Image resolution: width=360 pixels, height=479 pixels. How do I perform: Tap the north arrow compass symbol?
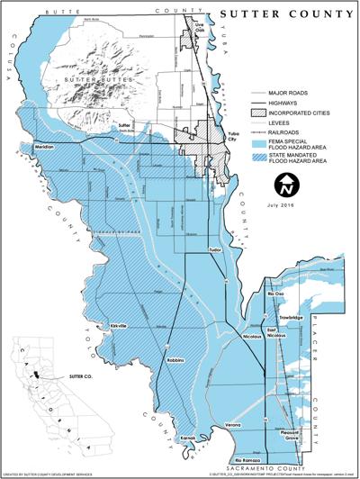tap(285, 186)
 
